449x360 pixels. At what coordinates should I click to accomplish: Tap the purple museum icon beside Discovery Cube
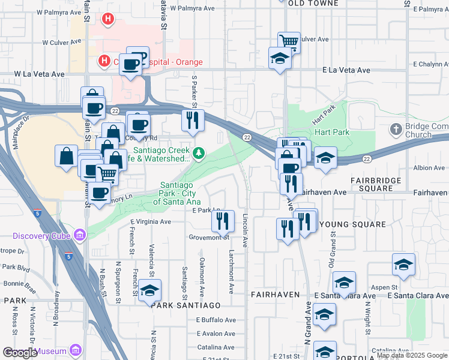pyautogui.click(x=78, y=234)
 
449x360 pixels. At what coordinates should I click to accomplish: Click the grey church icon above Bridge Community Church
pyautogui.click(x=396, y=129)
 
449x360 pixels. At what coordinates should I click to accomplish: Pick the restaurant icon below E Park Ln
pyautogui.click(x=223, y=221)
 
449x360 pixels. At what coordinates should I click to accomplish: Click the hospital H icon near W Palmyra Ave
pyautogui.click(x=108, y=19)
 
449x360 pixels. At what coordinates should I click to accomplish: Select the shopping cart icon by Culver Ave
pyautogui.click(x=289, y=42)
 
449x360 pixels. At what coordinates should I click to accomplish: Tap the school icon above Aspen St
pyautogui.click(x=403, y=265)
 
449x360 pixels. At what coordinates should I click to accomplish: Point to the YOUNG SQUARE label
pyautogui.click(x=352, y=224)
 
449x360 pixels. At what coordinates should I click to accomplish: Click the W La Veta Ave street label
pyautogui.click(x=40, y=74)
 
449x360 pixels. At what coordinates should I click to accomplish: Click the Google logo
pyautogui.click(x=20, y=353)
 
